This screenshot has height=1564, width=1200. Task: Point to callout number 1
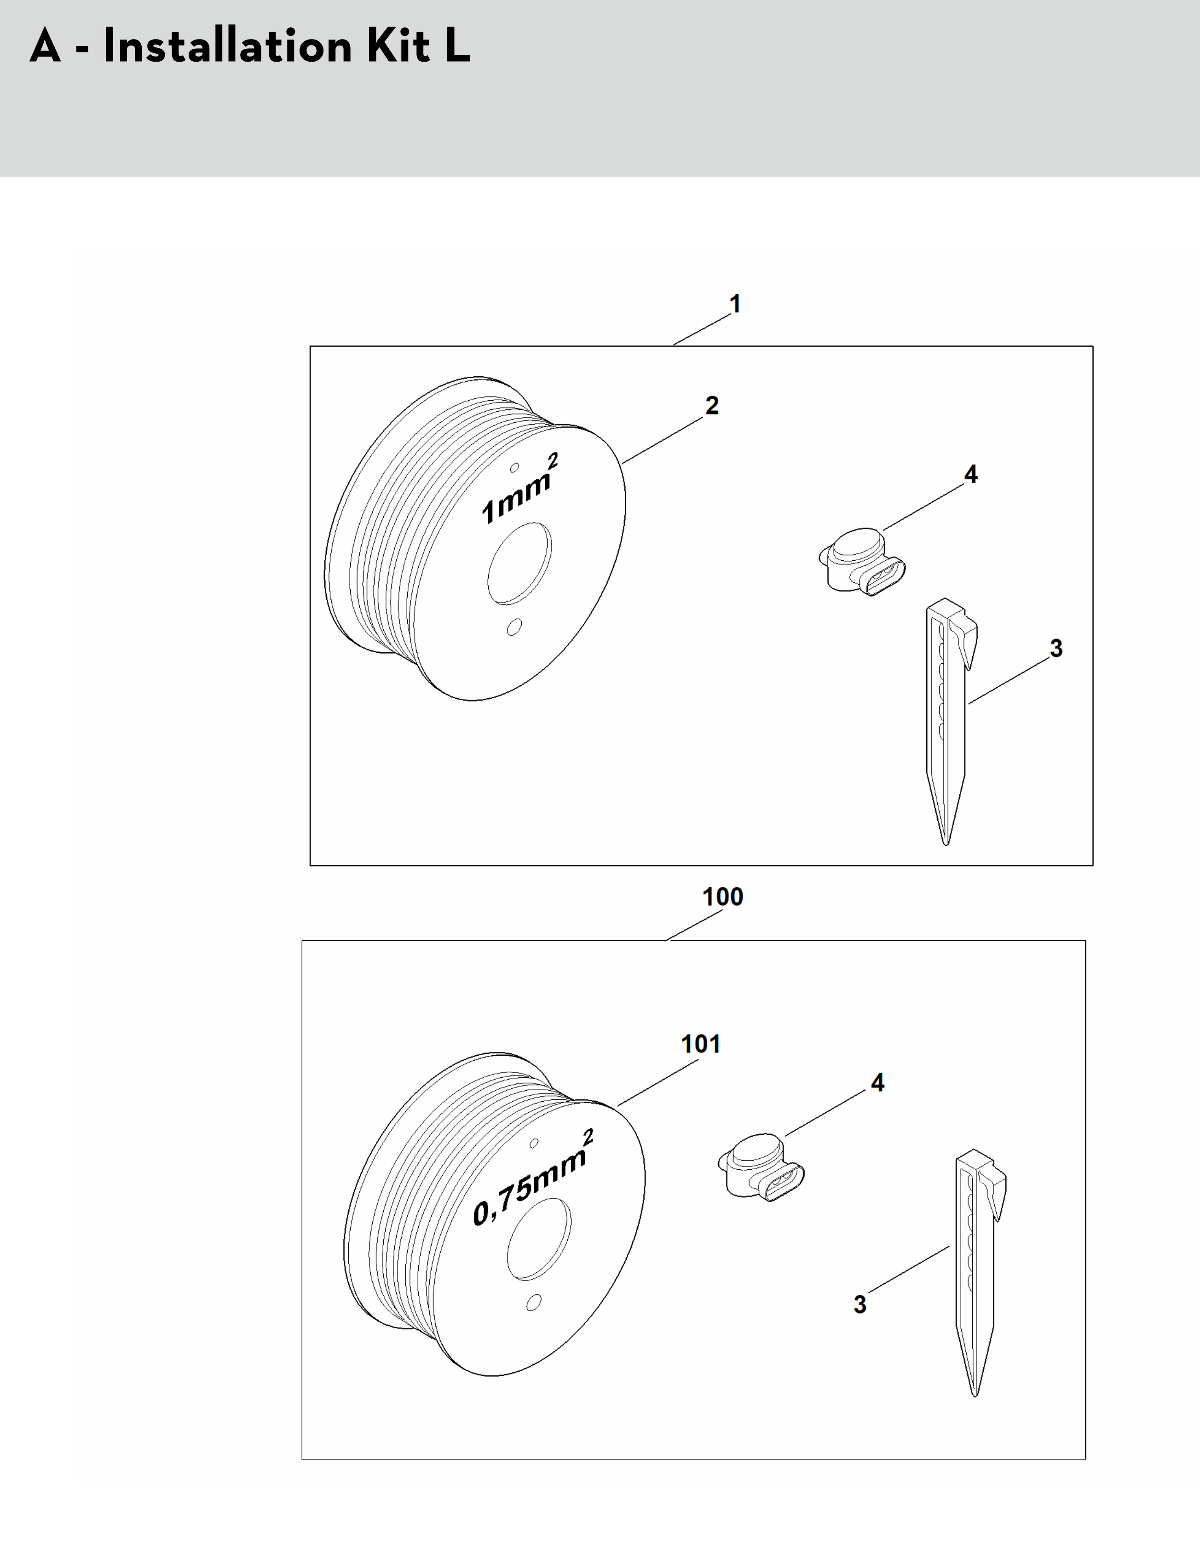tap(735, 304)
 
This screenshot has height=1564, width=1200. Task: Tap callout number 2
tap(712, 405)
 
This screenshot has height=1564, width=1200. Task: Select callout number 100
tap(723, 896)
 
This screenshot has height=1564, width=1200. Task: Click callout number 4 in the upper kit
tap(971, 473)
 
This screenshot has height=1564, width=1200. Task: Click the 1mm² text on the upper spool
tap(519, 489)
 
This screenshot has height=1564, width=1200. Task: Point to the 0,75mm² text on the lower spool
tap(533, 1179)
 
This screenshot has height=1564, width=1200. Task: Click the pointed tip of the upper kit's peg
tap(946, 844)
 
